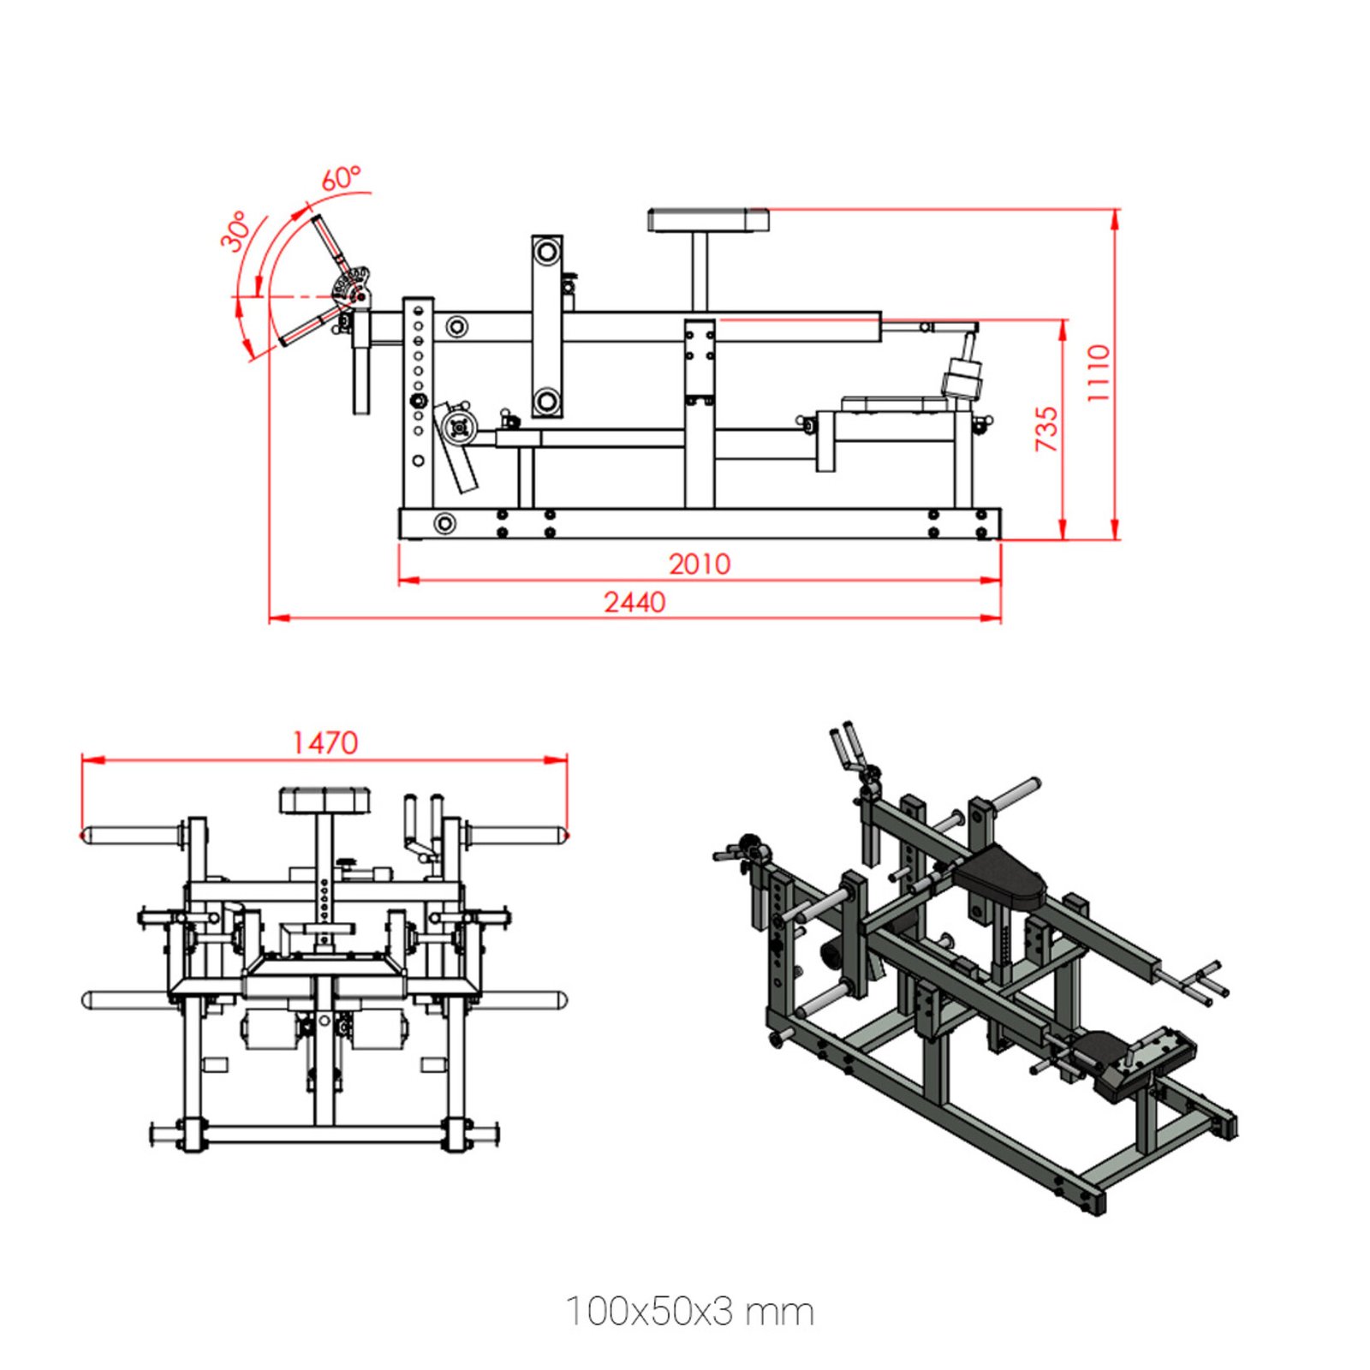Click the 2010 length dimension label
click(700, 563)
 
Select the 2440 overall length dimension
click(634, 602)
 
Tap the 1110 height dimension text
click(1099, 373)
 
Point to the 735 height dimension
click(1046, 429)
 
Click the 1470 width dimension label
click(325, 742)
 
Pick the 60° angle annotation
click(341, 178)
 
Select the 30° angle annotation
click(236, 231)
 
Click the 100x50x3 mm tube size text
click(690, 1311)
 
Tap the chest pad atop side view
click(707, 220)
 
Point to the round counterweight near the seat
click(964, 380)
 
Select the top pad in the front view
click(325, 801)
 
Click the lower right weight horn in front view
click(518, 999)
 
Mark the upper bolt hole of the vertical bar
click(546, 253)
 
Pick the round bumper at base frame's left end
click(444, 523)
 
